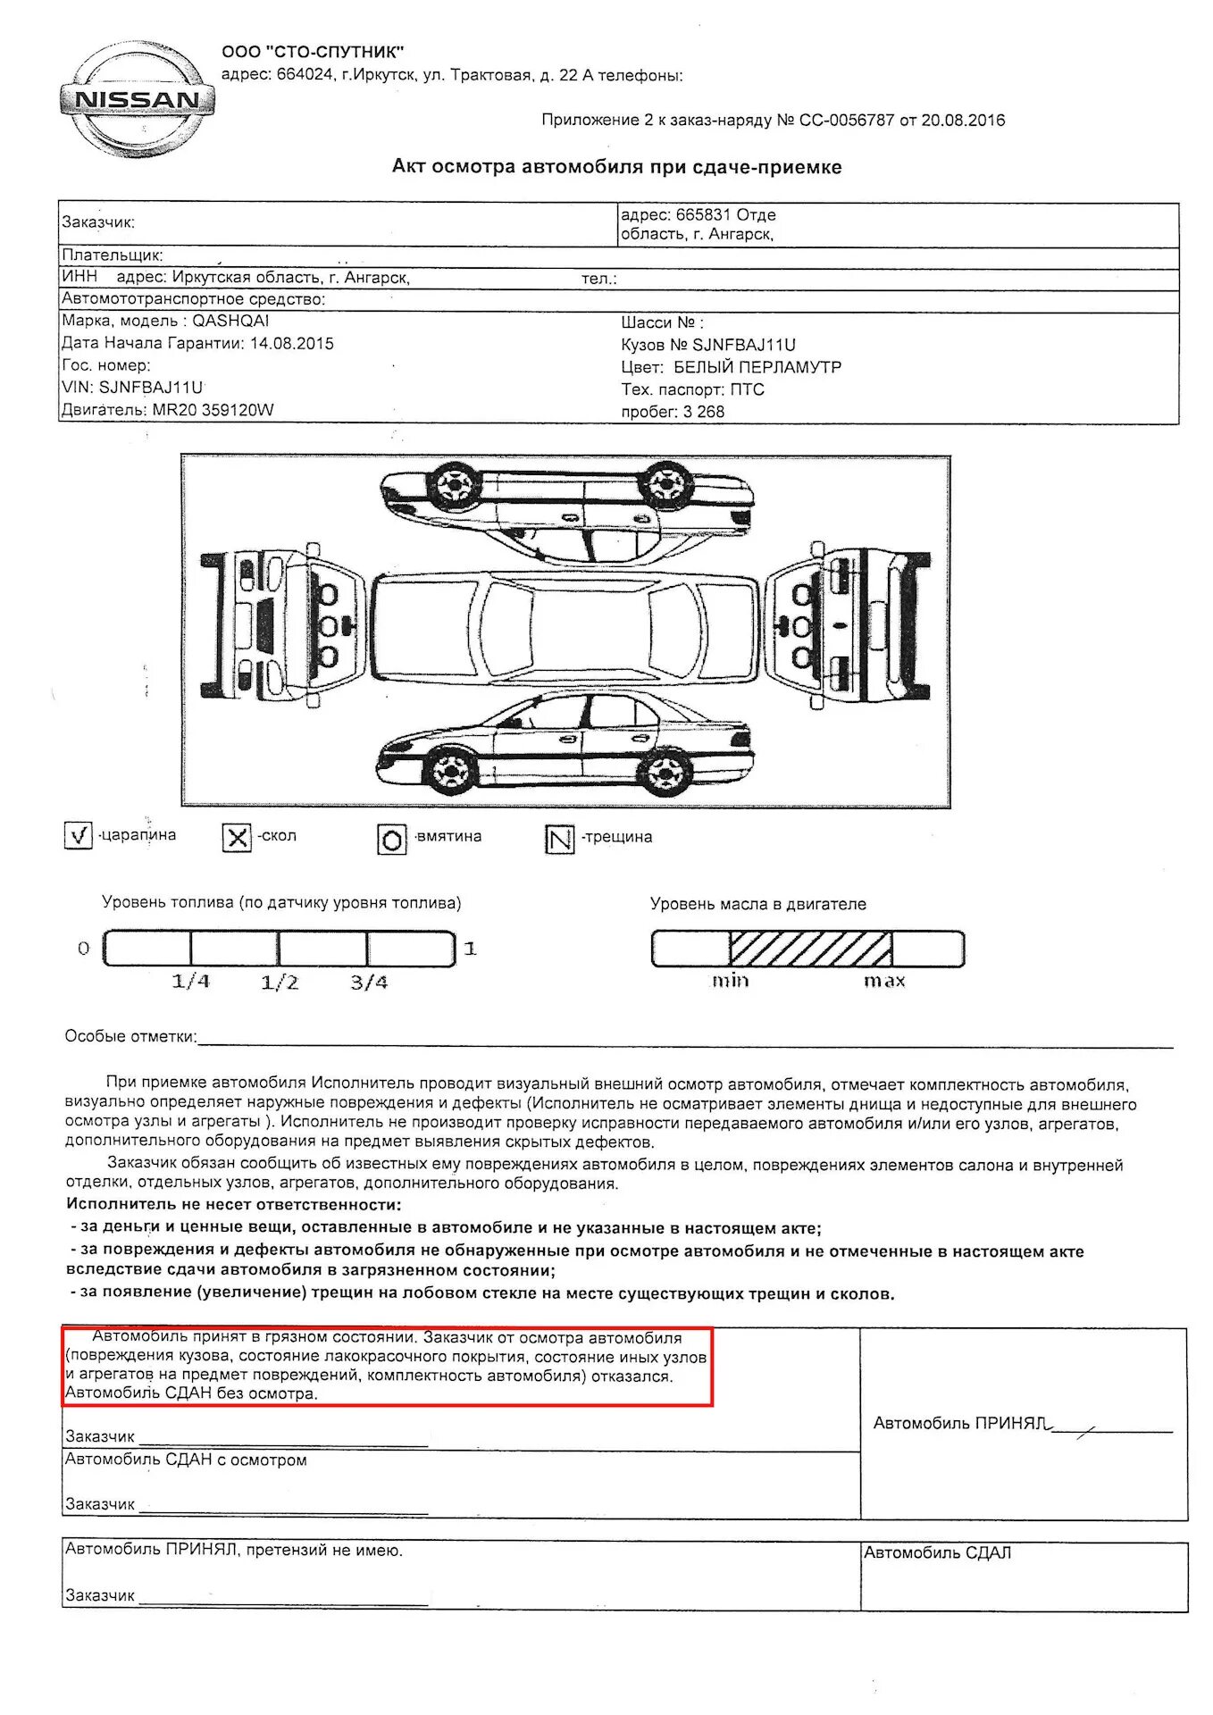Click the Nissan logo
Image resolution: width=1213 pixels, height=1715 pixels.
137,99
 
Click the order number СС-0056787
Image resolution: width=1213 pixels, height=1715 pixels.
846,121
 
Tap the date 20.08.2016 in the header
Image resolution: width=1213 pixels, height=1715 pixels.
963,121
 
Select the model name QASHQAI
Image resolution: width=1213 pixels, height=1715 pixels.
230,321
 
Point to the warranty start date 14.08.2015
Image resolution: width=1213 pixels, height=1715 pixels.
291,343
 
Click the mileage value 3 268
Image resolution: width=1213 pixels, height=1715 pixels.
704,412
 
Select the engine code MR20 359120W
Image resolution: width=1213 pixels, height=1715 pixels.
213,410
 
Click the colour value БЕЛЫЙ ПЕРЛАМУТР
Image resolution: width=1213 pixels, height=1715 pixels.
757,367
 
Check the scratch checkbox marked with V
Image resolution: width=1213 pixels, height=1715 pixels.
79,835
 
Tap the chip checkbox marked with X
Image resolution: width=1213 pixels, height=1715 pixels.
237,837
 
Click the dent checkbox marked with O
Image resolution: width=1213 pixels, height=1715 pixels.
392,840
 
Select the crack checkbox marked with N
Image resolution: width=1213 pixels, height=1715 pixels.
560,840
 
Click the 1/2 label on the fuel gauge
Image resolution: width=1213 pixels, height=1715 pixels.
280,983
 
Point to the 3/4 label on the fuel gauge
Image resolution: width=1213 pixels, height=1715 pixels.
369,983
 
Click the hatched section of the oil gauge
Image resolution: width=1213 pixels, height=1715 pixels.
810,948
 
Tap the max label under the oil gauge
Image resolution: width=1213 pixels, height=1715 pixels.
884,981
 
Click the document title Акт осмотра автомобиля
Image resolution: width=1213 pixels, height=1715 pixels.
616,167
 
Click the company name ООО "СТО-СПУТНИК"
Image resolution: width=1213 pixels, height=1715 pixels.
313,52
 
